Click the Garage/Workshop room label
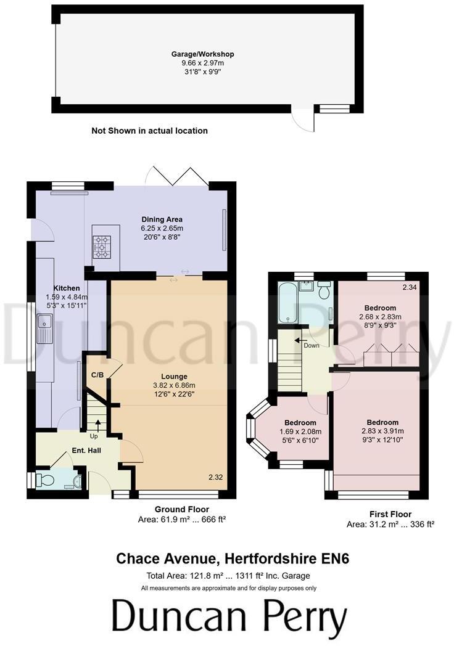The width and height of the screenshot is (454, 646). tap(202, 54)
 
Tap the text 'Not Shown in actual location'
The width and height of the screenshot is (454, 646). tap(149, 131)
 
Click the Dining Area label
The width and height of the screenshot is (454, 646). tap(162, 219)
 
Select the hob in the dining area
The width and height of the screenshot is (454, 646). tap(102, 246)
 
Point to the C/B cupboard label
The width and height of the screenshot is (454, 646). tap(97, 375)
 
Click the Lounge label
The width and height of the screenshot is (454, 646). tap(175, 377)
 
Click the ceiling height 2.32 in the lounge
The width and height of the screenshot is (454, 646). tap(216, 477)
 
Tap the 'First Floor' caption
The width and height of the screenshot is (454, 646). tap(390, 514)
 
